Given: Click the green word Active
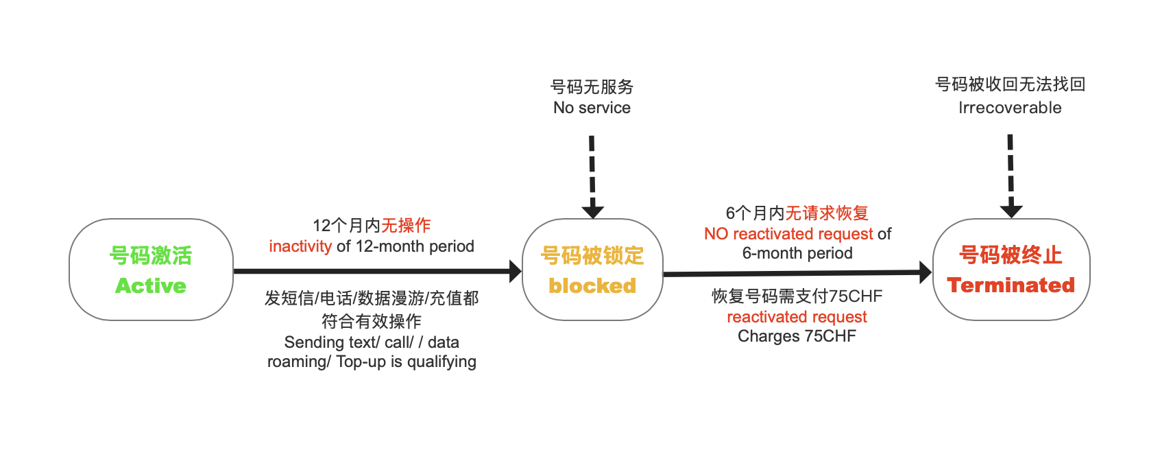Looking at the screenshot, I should click(x=151, y=285).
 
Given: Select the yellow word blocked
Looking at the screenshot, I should click(x=592, y=285).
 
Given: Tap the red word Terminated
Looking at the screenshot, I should click(x=1011, y=285).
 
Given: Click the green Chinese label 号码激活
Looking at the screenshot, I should click(x=151, y=255).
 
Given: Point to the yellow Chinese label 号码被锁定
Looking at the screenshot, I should click(x=592, y=255).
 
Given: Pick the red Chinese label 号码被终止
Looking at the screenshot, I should click(x=1011, y=255).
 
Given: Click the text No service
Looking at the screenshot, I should click(x=592, y=108).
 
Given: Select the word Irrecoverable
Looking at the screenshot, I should click(x=1010, y=108).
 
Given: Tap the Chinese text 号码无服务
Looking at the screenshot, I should click(x=592, y=87).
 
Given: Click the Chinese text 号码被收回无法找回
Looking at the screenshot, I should click(x=1010, y=84).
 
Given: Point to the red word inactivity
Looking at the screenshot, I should click(x=300, y=246).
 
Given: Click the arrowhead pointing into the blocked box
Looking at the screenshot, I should click(x=515, y=271).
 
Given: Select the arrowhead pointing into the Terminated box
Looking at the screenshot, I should click(x=925, y=272).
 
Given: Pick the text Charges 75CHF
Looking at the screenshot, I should click(x=797, y=336).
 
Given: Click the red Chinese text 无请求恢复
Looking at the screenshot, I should click(x=827, y=213).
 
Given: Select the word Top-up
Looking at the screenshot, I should click(x=361, y=362).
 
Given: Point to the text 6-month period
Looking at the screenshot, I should click(x=797, y=253).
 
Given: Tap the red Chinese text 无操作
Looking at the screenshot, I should click(x=406, y=226).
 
